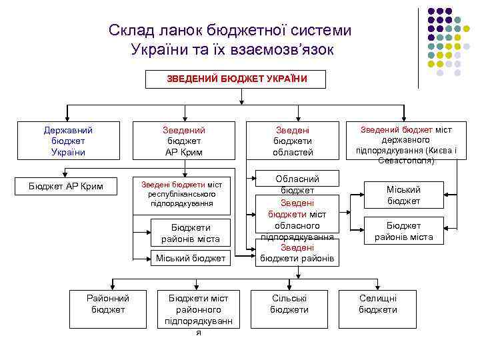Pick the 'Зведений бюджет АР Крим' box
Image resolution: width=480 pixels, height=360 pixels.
(x=184, y=141)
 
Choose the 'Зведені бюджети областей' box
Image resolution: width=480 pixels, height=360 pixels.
(x=293, y=141)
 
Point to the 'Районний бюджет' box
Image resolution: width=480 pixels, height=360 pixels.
(x=108, y=304)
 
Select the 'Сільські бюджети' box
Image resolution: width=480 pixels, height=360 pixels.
(x=289, y=304)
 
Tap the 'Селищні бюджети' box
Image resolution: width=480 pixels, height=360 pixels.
(x=377, y=304)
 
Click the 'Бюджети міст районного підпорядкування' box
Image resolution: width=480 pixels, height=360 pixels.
(x=198, y=313)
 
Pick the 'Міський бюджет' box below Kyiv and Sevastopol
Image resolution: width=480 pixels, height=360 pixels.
(x=404, y=195)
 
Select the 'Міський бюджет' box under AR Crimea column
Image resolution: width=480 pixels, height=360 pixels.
(x=191, y=258)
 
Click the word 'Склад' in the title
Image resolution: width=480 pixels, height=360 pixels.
(x=133, y=31)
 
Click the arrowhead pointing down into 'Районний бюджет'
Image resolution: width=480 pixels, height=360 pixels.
(x=111, y=287)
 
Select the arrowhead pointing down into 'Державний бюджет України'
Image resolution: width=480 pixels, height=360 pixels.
(x=65, y=118)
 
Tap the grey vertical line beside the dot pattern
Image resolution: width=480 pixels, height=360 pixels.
(x=418, y=47)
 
